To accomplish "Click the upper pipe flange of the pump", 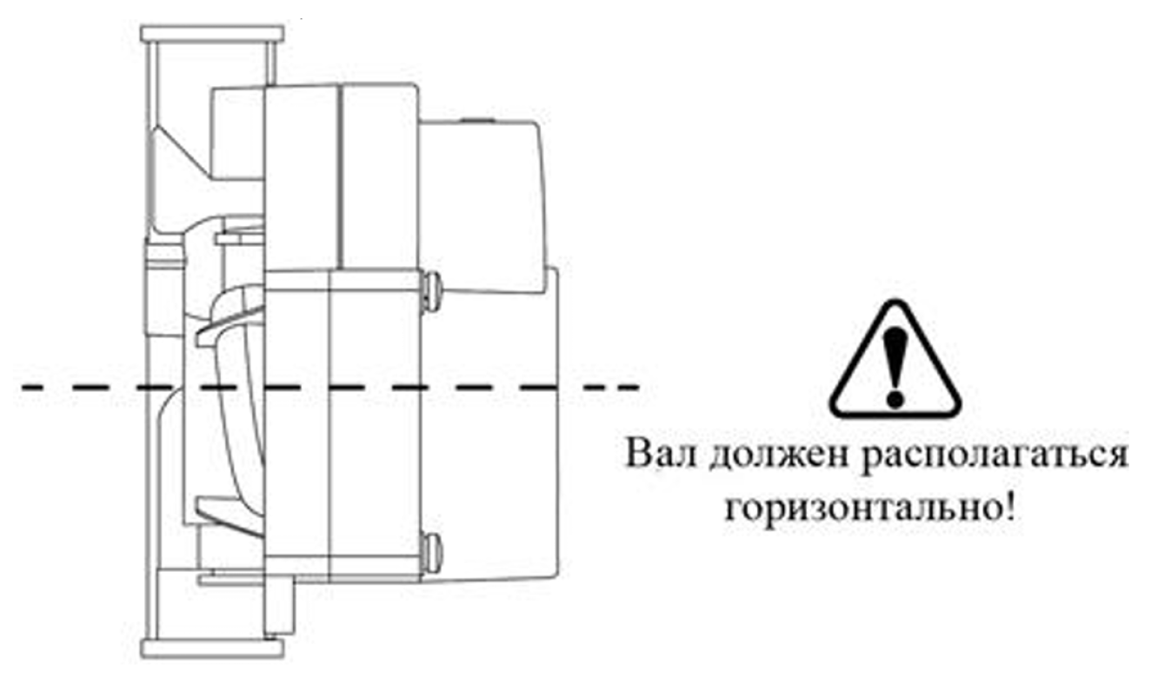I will (x=211, y=35).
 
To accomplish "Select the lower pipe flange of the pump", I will (x=211, y=648).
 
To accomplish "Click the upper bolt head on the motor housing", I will (x=430, y=289).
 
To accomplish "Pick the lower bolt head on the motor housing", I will (x=430, y=554).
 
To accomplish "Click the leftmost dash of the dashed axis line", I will (x=35, y=387).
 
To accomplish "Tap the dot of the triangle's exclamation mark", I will (x=895, y=398).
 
